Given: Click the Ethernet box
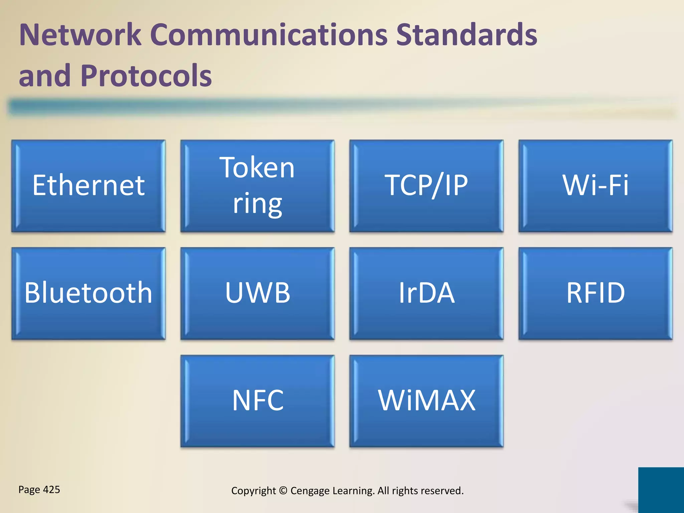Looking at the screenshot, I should tap(89, 186).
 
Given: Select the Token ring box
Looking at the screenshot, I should tap(257, 186).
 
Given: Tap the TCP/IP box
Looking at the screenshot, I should tap(426, 186).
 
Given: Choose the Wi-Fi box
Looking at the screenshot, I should tap(595, 186).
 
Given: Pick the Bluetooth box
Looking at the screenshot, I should tap(89, 293).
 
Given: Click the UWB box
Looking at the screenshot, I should tap(257, 293).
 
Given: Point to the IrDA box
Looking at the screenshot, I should tap(426, 293).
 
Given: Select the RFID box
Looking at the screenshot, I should tap(595, 293).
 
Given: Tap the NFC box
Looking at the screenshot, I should tap(257, 401).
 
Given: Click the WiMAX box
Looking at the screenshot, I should tap(426, 401).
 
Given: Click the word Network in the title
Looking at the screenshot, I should tap(80, 35).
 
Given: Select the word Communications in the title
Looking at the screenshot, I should tap(269, 35).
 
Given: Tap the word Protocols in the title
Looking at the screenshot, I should tap(146, 76).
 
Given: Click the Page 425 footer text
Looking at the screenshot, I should tap(39, 490).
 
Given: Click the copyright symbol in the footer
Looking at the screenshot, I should tap(283, 491).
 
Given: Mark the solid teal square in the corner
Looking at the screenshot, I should tap(661, 490).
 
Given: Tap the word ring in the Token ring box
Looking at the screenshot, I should tap(257, 204).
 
